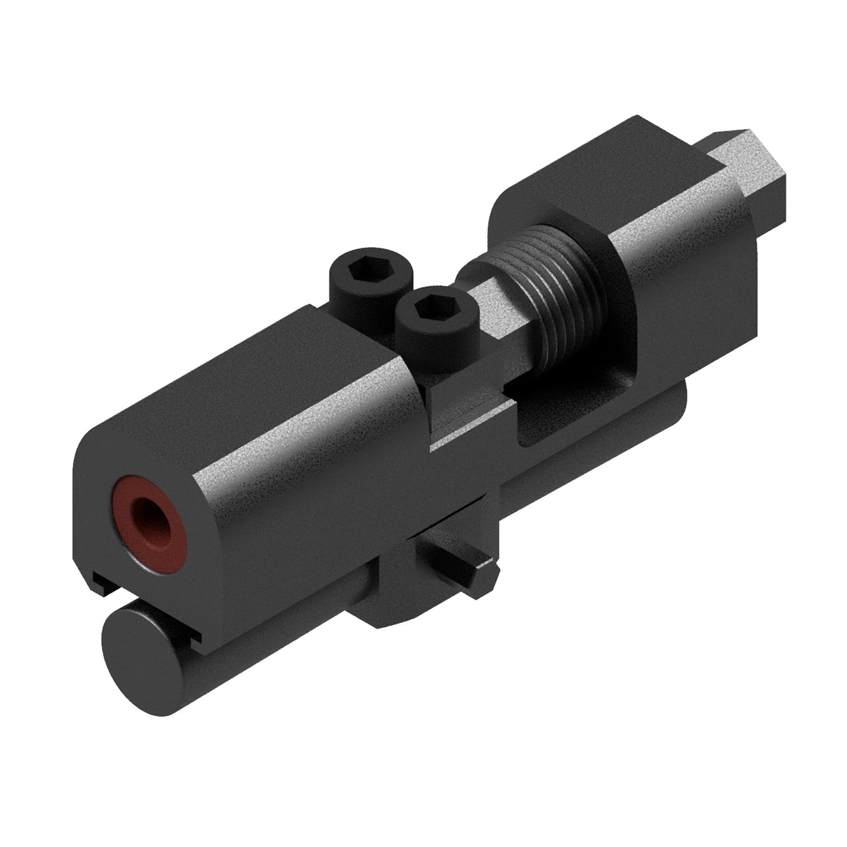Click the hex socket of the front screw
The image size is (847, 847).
point(433,305)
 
